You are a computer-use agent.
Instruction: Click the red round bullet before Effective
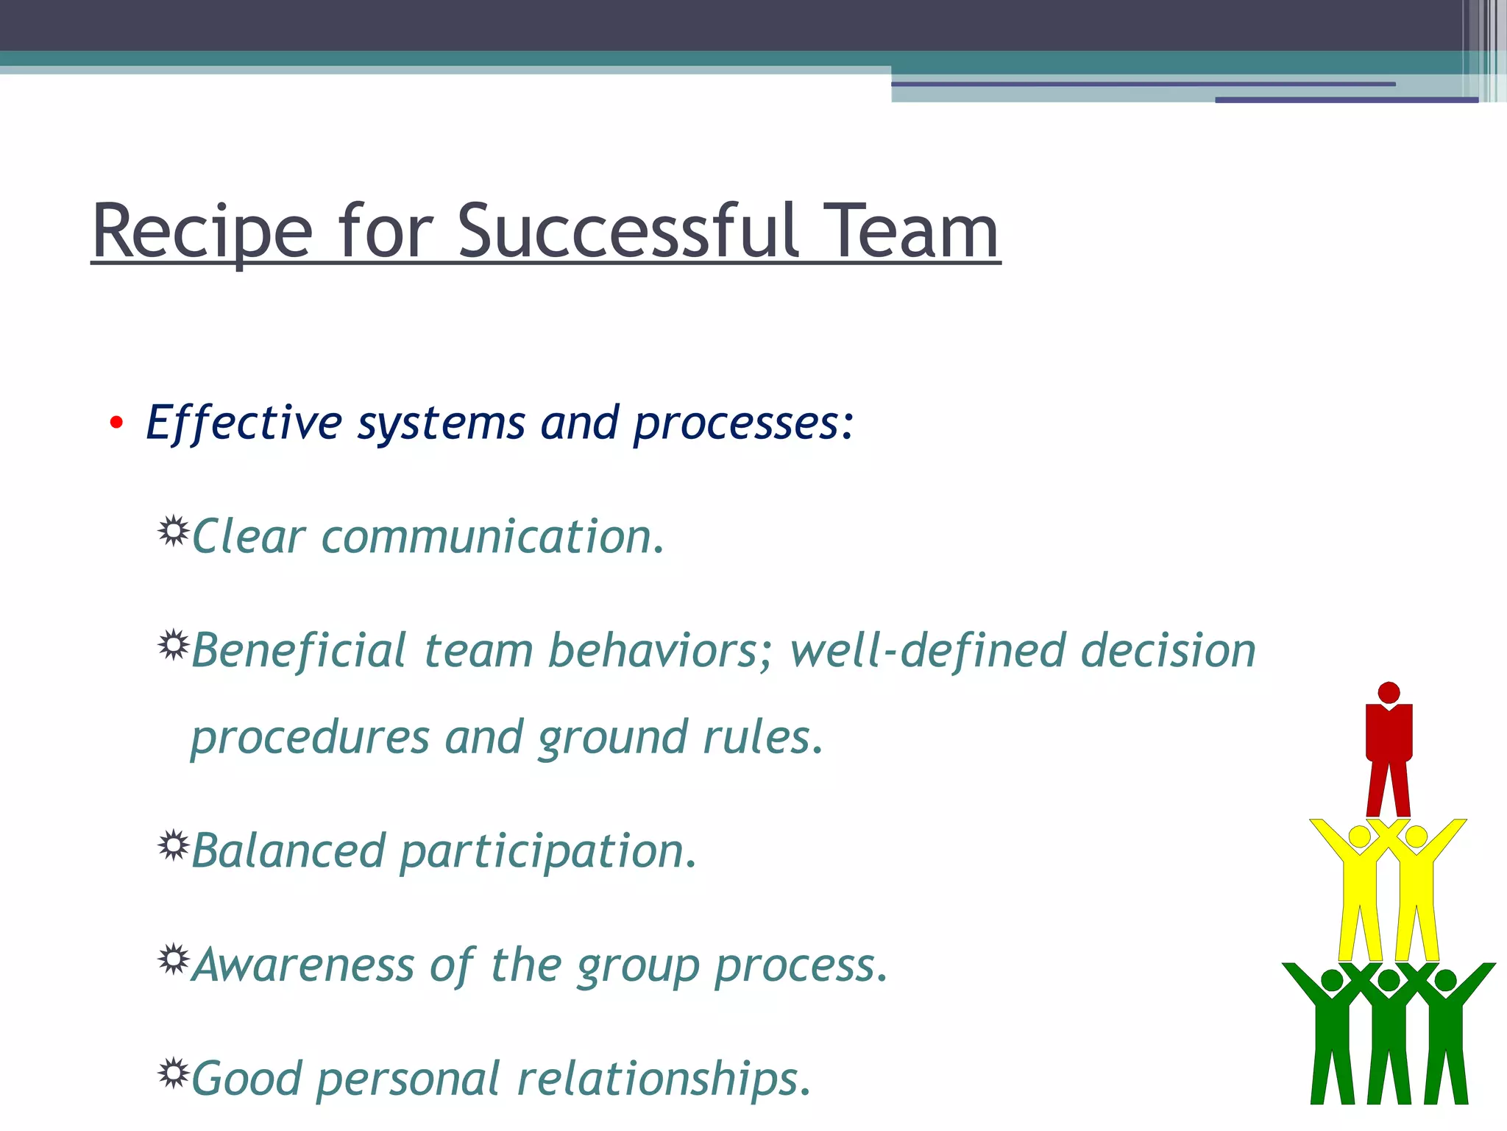click(x=116, y=423)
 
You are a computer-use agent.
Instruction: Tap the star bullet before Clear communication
click(x=174, y=531)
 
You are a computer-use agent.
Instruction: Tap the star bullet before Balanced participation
click(x=174, y=845)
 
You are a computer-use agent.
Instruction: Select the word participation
click(x=547, y=851)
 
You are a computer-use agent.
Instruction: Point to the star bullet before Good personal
click(x=174, y=1073)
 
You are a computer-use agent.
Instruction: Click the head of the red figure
click(x=1389, y=693)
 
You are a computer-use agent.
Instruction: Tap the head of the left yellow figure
click(x=1360, y=836)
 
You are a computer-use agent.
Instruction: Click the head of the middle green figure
click(x=1389, y=980)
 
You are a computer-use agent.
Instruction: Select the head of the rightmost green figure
click(x=1445, y=980)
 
